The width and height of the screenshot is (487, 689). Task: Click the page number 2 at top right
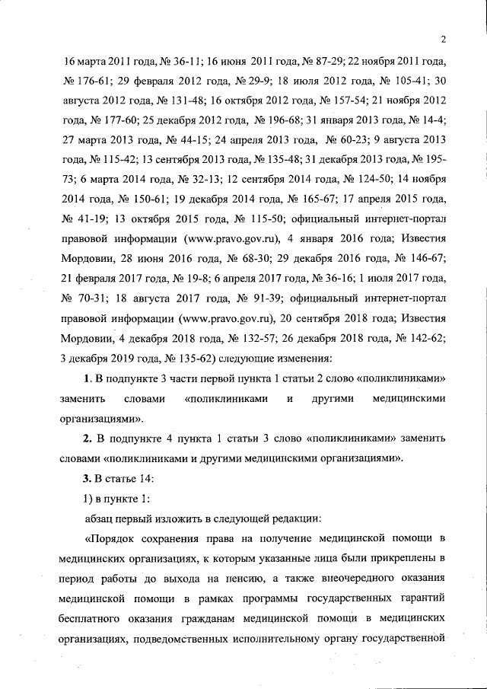tap(442, 39)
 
